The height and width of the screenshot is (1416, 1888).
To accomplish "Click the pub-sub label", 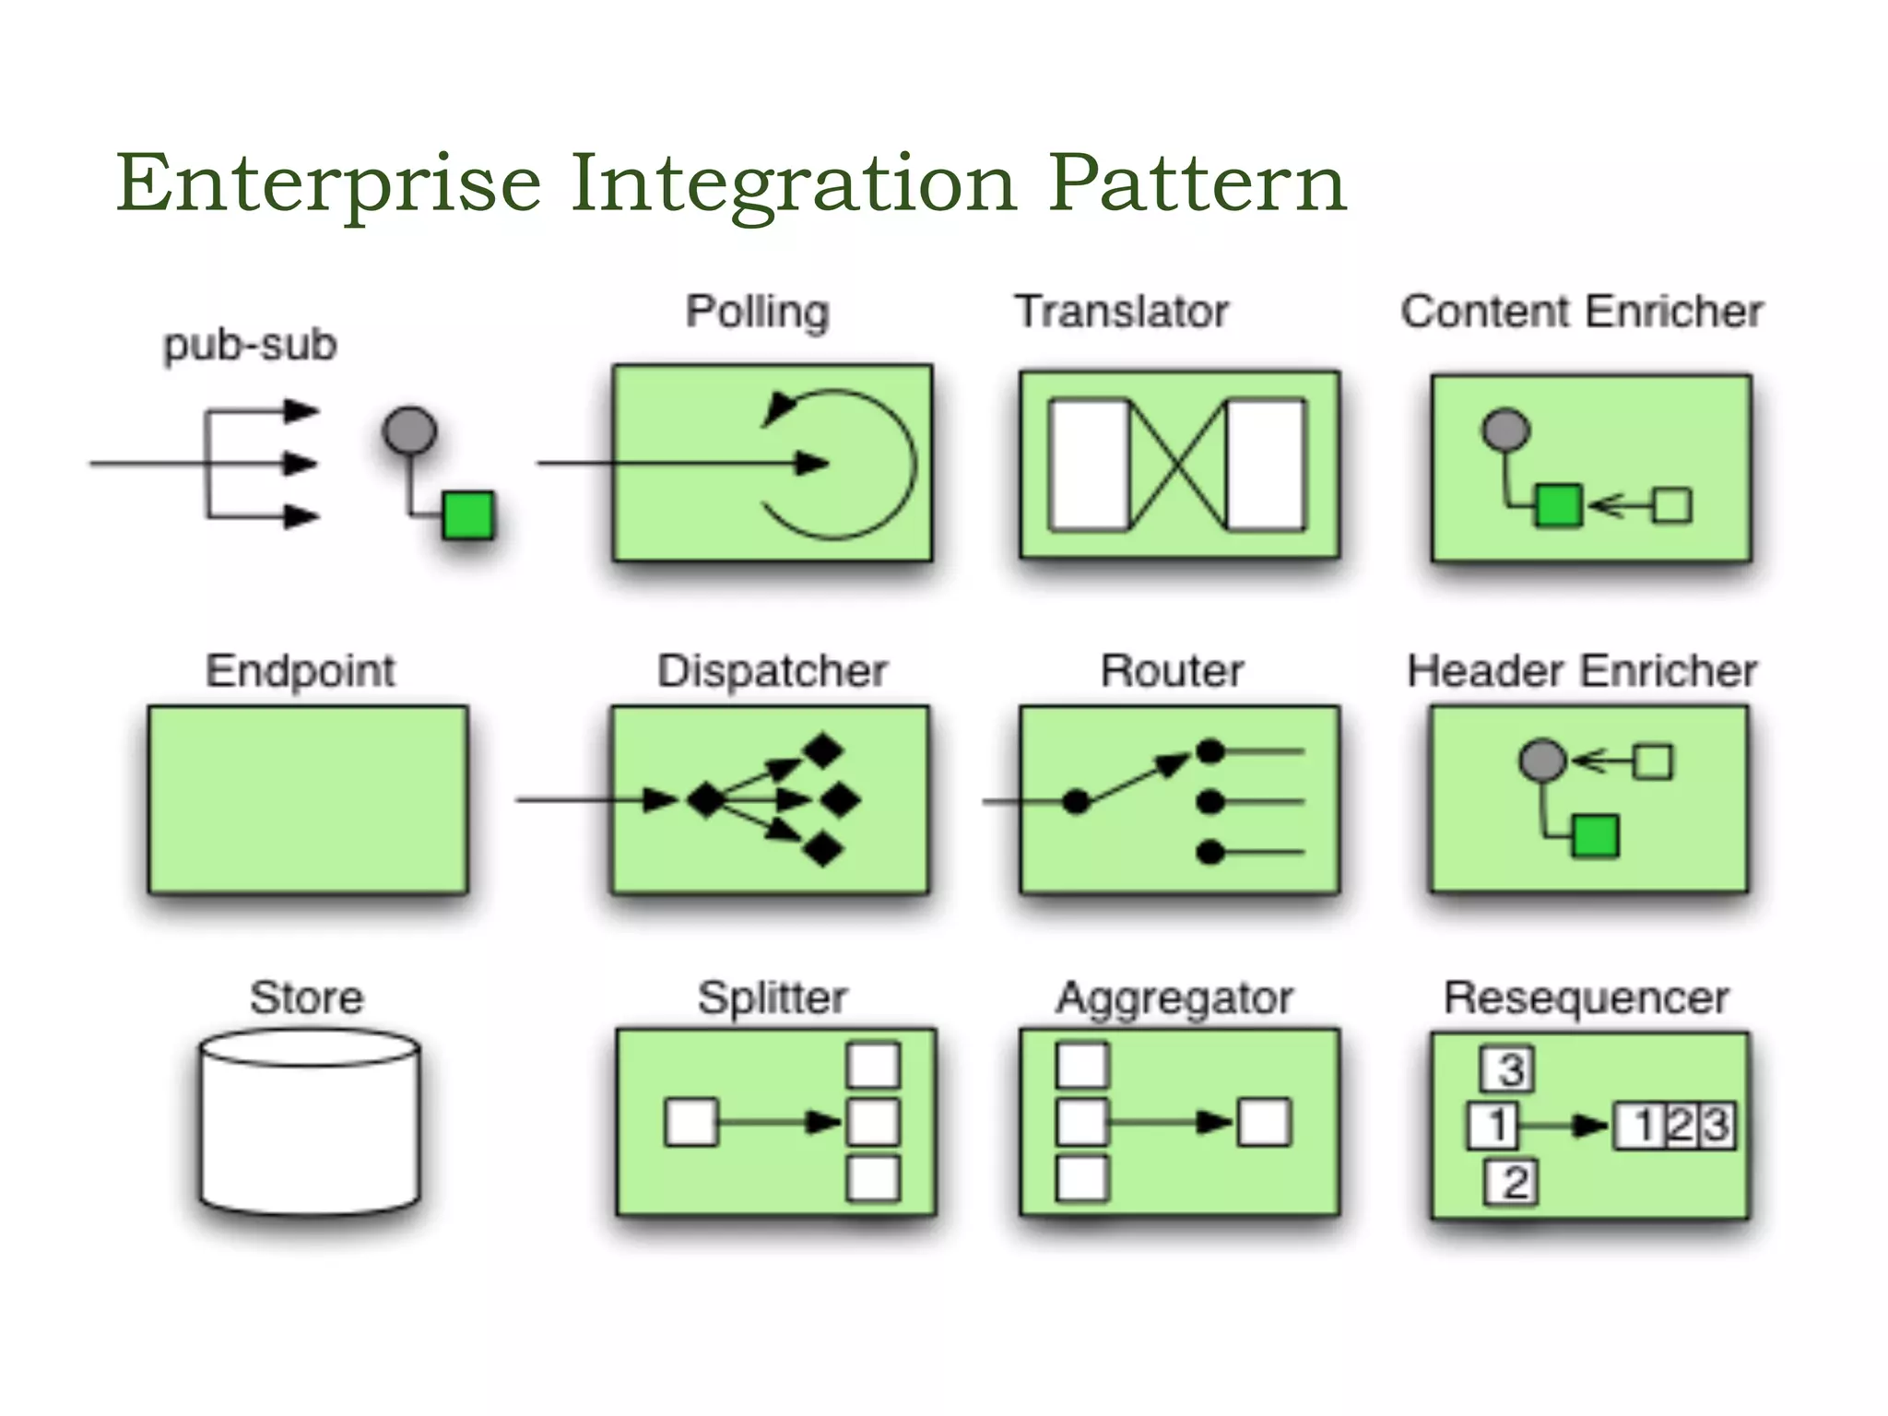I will (x=250, y=346).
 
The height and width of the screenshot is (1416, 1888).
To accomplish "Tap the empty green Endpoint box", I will (x=307, y=799).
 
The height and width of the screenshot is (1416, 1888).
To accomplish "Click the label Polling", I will (x=757, y=313).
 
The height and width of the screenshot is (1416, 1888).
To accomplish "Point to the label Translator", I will (x=1121, y=312).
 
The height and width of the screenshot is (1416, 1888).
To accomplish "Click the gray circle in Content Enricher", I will (x=1505, y=430).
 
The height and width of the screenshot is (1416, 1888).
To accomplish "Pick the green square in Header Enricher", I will (x=1595, y=836).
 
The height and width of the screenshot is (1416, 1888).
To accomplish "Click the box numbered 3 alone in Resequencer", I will (x=1508, y=1069).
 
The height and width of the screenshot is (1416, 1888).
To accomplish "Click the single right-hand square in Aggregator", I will (x=1264, y=1123).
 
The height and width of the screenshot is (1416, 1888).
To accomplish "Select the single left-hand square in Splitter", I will (x=690, y=1123).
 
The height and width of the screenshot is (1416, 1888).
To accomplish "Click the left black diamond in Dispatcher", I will (x=706, y=800).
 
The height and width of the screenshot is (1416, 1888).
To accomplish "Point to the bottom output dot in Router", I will (x=1209, y=853).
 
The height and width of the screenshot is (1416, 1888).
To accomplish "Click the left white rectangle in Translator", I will (x=1089, y=465).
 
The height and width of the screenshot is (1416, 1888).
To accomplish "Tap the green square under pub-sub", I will (x=468, y=514).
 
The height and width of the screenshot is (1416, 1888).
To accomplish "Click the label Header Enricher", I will (x=1581, y=671).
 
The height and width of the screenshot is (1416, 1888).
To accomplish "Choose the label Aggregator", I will (x=1174, y=998).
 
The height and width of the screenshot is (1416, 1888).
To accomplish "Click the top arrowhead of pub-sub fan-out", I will (x=301, y=410).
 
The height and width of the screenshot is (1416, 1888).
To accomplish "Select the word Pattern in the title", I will (x=1197, y=184).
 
